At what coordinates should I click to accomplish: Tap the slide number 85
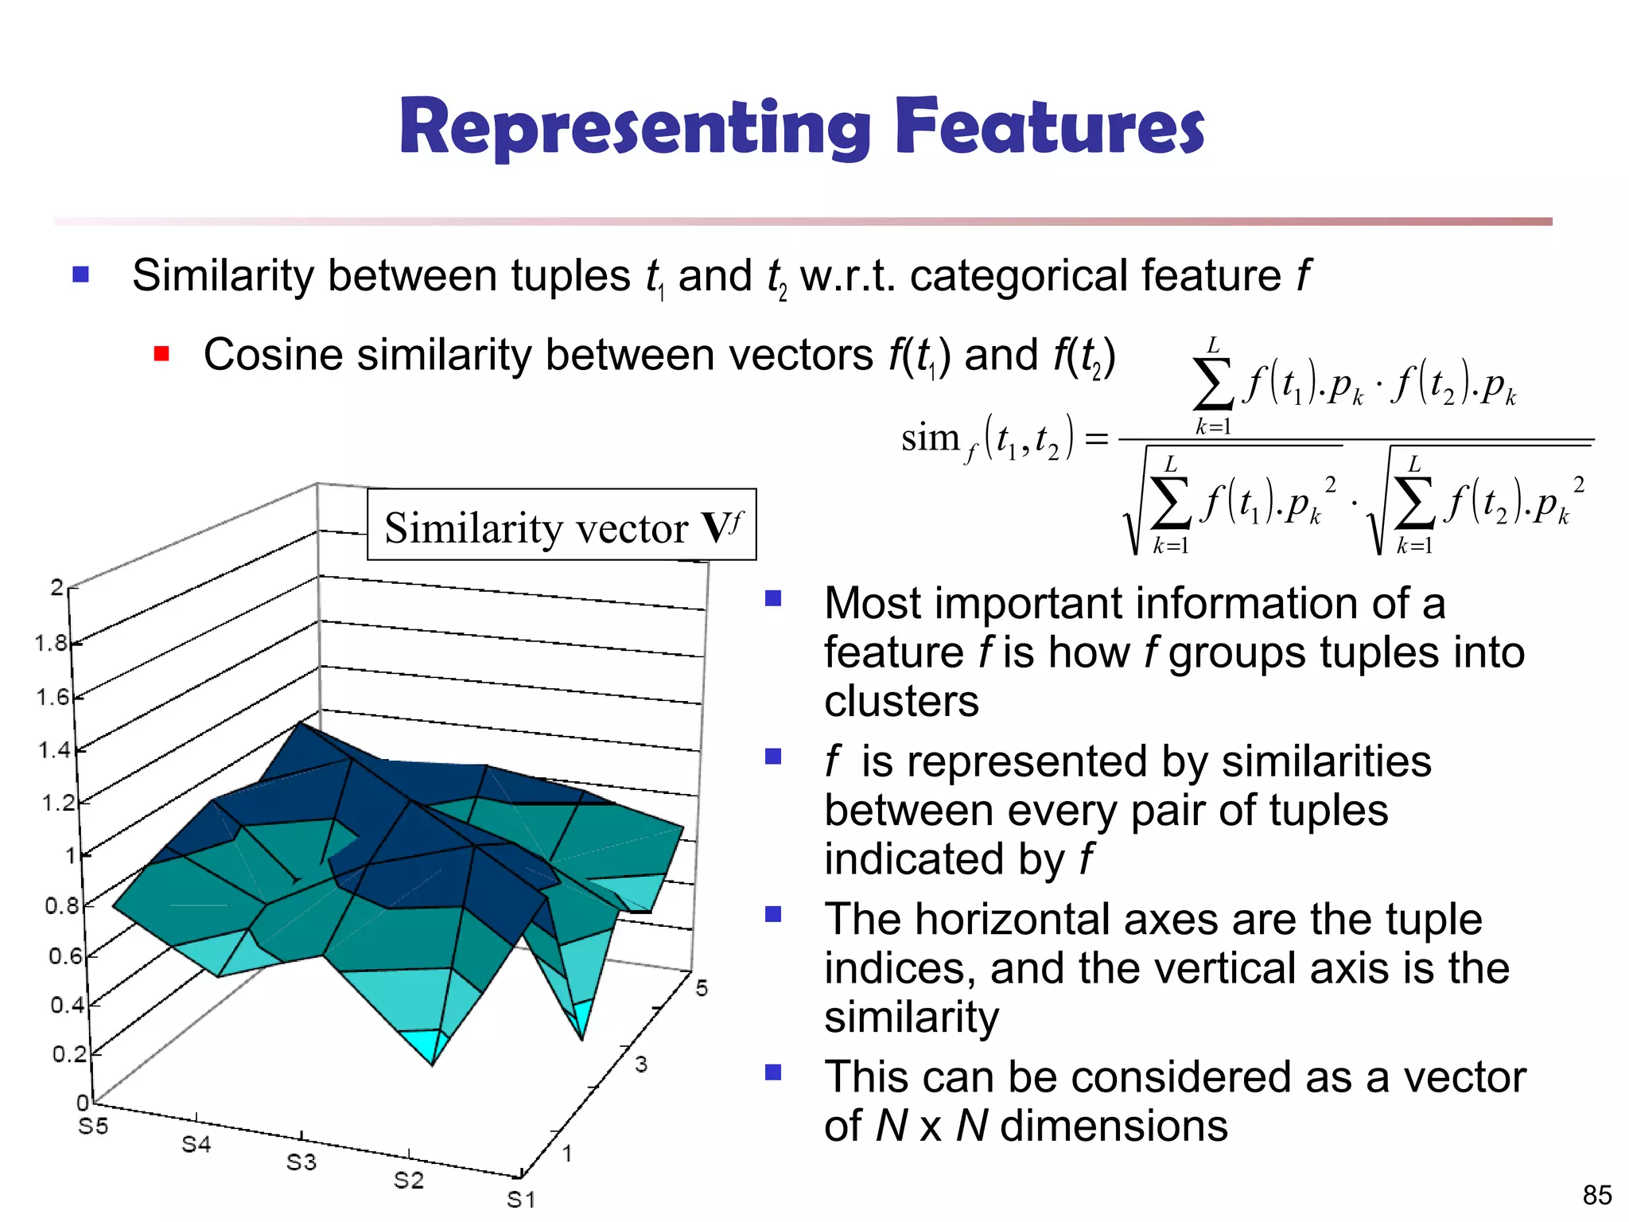pyautogui.click(x=1596, y=1195)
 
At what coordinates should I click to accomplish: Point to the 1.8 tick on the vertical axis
pyautogui.click(x=52, y=643)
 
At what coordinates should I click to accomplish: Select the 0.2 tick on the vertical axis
pyautogui.click(x=69, y=1054)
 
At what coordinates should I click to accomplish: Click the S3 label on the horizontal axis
pyautogui.click(x=301, y=1162)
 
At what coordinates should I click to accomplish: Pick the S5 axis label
pyautogui.click(x=93, y=1127)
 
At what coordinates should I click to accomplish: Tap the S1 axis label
pyautogui.click(x=521, y=1199)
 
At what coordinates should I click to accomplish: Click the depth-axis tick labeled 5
pyautogui.click(x=702, y=988)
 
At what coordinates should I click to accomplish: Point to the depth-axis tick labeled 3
pyautogui.click(x=641, y=1064)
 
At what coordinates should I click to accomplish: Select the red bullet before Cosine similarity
pyautogui.click(x=161, y=354)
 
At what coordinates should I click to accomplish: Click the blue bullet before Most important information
pyautogui.click(x=773, y=598)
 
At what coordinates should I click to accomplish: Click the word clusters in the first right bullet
pyautogui.click(x=901, y=702)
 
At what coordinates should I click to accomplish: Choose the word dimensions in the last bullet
pyautogui.click(x=1114, y=1126)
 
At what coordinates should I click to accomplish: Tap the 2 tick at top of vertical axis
pyautogui.click(x=56, y=588)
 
